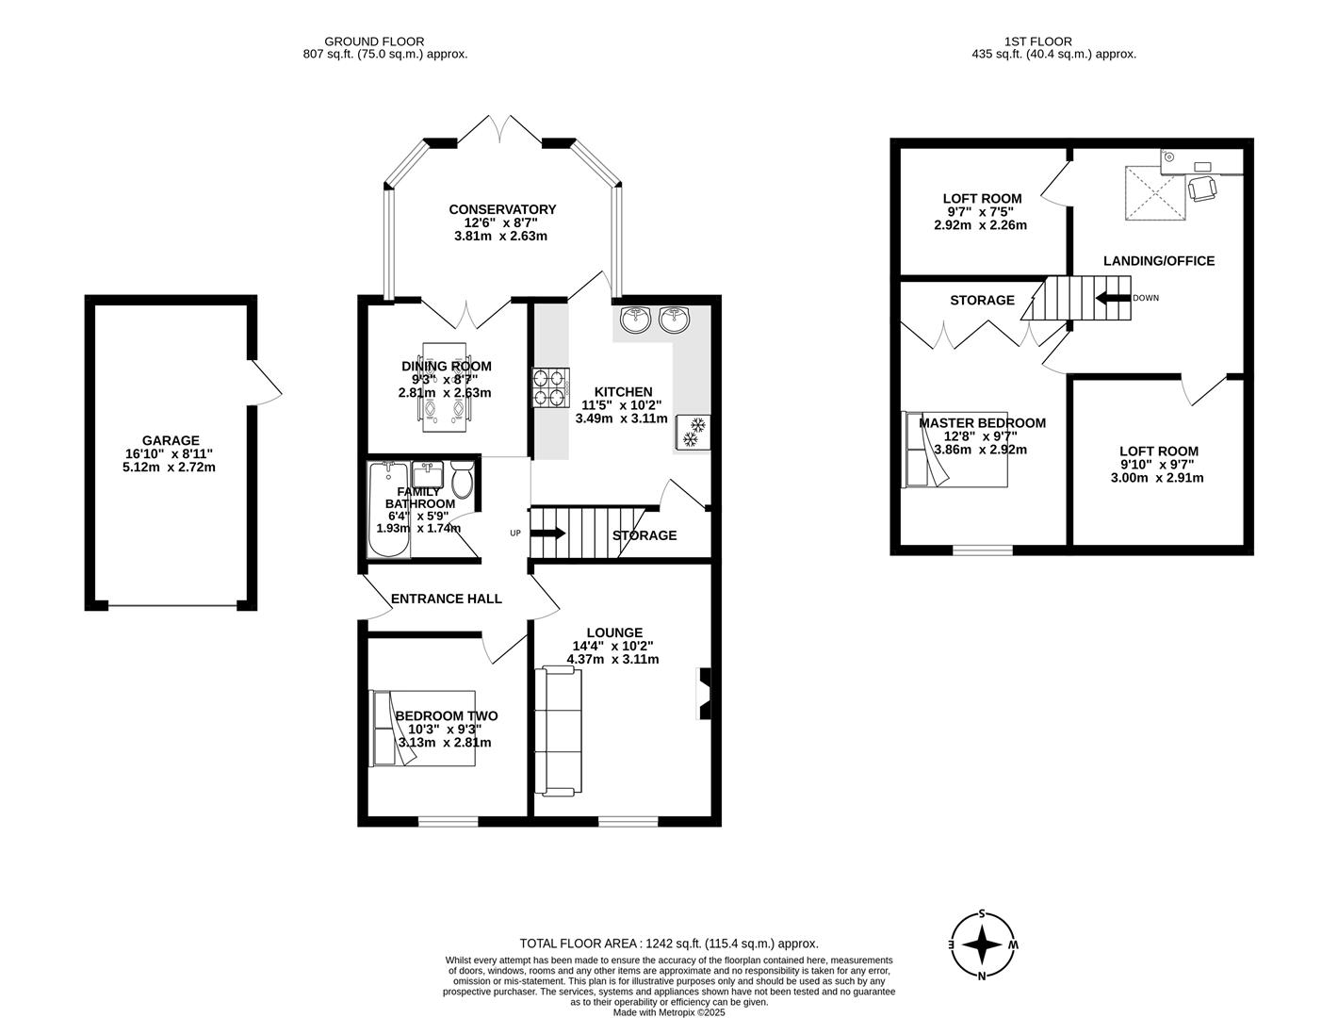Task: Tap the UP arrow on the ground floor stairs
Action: pyautogui.click(x=548, y=534)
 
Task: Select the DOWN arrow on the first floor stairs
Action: pyautogui.click(x=1113, y=299)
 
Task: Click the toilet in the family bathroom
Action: pyautogui.click(x=462, y=482)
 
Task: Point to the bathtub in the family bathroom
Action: pyautogui.click(x=387, y=510)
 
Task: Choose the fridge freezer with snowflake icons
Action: pyautogui.click(x=693, y=433)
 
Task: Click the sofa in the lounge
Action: pyautogui.click(x=559, y=731)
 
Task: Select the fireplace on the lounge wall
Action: pyautogui.click(x=705, y=694)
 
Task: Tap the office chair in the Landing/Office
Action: pyautogui.click(x=1202, y=189)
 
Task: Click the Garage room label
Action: pyautogui.click(x=171, y=440)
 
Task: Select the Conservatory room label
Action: pyautogui.click(x=502, y=209)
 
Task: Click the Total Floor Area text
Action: pyautogui.click(x=669, y=943)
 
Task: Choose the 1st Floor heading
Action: pyautogui.click(x=1053, y=41)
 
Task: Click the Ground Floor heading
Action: pyautogui.click(x=374, y=41)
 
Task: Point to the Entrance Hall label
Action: pyautogui.click(x=446, y=599)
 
